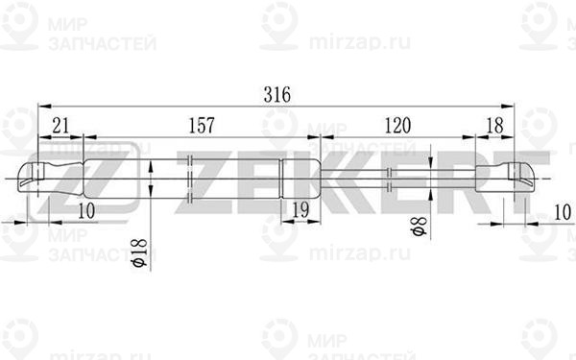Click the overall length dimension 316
(x=277, y=95)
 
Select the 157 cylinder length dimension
(x=202, y=126)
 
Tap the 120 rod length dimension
(x=397, y=126)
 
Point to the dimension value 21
(x=60, y=126)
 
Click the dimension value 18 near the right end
(x=494, y=126)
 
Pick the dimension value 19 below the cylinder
(x=300, y=210)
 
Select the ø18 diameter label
(x=139, y=252)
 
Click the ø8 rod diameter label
(x=420, y=226)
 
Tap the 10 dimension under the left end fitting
(x=86, y=211)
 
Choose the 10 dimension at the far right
(x=562, y=212)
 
